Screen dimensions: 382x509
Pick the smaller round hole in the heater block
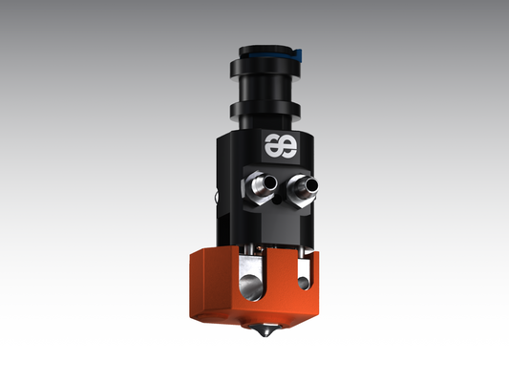point(303,283)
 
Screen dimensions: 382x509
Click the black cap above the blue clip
point(265,42)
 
